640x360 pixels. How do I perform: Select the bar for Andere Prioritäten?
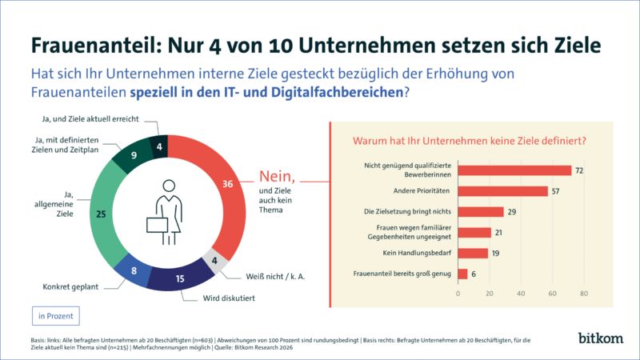pos(502,191)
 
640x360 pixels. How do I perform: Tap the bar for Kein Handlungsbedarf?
pos(473,253)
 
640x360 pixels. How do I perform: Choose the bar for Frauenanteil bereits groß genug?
pos(462,274)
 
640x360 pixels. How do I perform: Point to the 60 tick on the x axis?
pos(552,294)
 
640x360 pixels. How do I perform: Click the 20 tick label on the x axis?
pos(490,294)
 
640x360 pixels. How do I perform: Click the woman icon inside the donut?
pos(170,210)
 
